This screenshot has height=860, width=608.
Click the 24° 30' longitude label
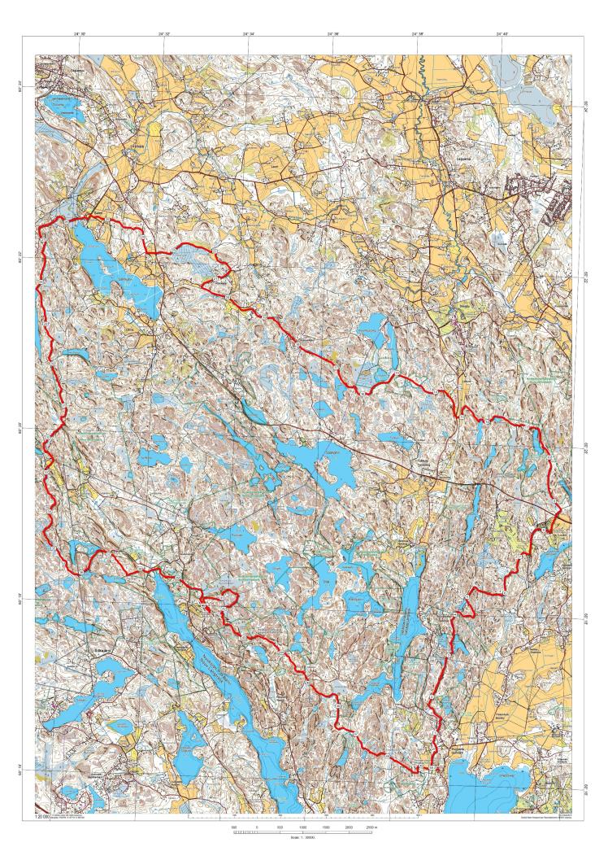tap(80, 35)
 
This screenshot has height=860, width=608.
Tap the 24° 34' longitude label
tap(248, 35)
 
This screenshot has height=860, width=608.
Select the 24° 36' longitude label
tap(332, 35)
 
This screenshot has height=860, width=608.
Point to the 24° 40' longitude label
tap(502, 35)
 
